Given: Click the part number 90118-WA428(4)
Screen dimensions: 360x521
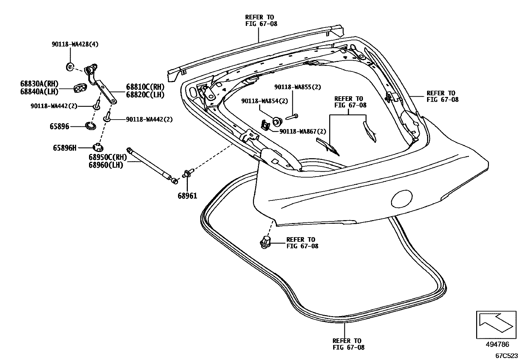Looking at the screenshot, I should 75,44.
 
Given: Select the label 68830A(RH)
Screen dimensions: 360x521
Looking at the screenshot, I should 39,84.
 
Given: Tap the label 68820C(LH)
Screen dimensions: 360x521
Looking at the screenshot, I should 145,95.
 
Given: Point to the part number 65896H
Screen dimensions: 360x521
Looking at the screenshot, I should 64,148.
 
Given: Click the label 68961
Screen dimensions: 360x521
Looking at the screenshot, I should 188,196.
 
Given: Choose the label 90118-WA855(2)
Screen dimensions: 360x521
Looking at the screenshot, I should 297,87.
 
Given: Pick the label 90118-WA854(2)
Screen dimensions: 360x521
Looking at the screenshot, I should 264,101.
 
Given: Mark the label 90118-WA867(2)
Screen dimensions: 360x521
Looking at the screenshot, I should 303,131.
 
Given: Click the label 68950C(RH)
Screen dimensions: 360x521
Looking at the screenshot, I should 107,158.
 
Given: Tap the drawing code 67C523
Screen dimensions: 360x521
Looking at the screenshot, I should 506,356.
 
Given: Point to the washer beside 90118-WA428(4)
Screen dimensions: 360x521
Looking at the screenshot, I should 69,67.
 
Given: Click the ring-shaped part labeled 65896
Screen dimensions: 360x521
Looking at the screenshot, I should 91,125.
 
